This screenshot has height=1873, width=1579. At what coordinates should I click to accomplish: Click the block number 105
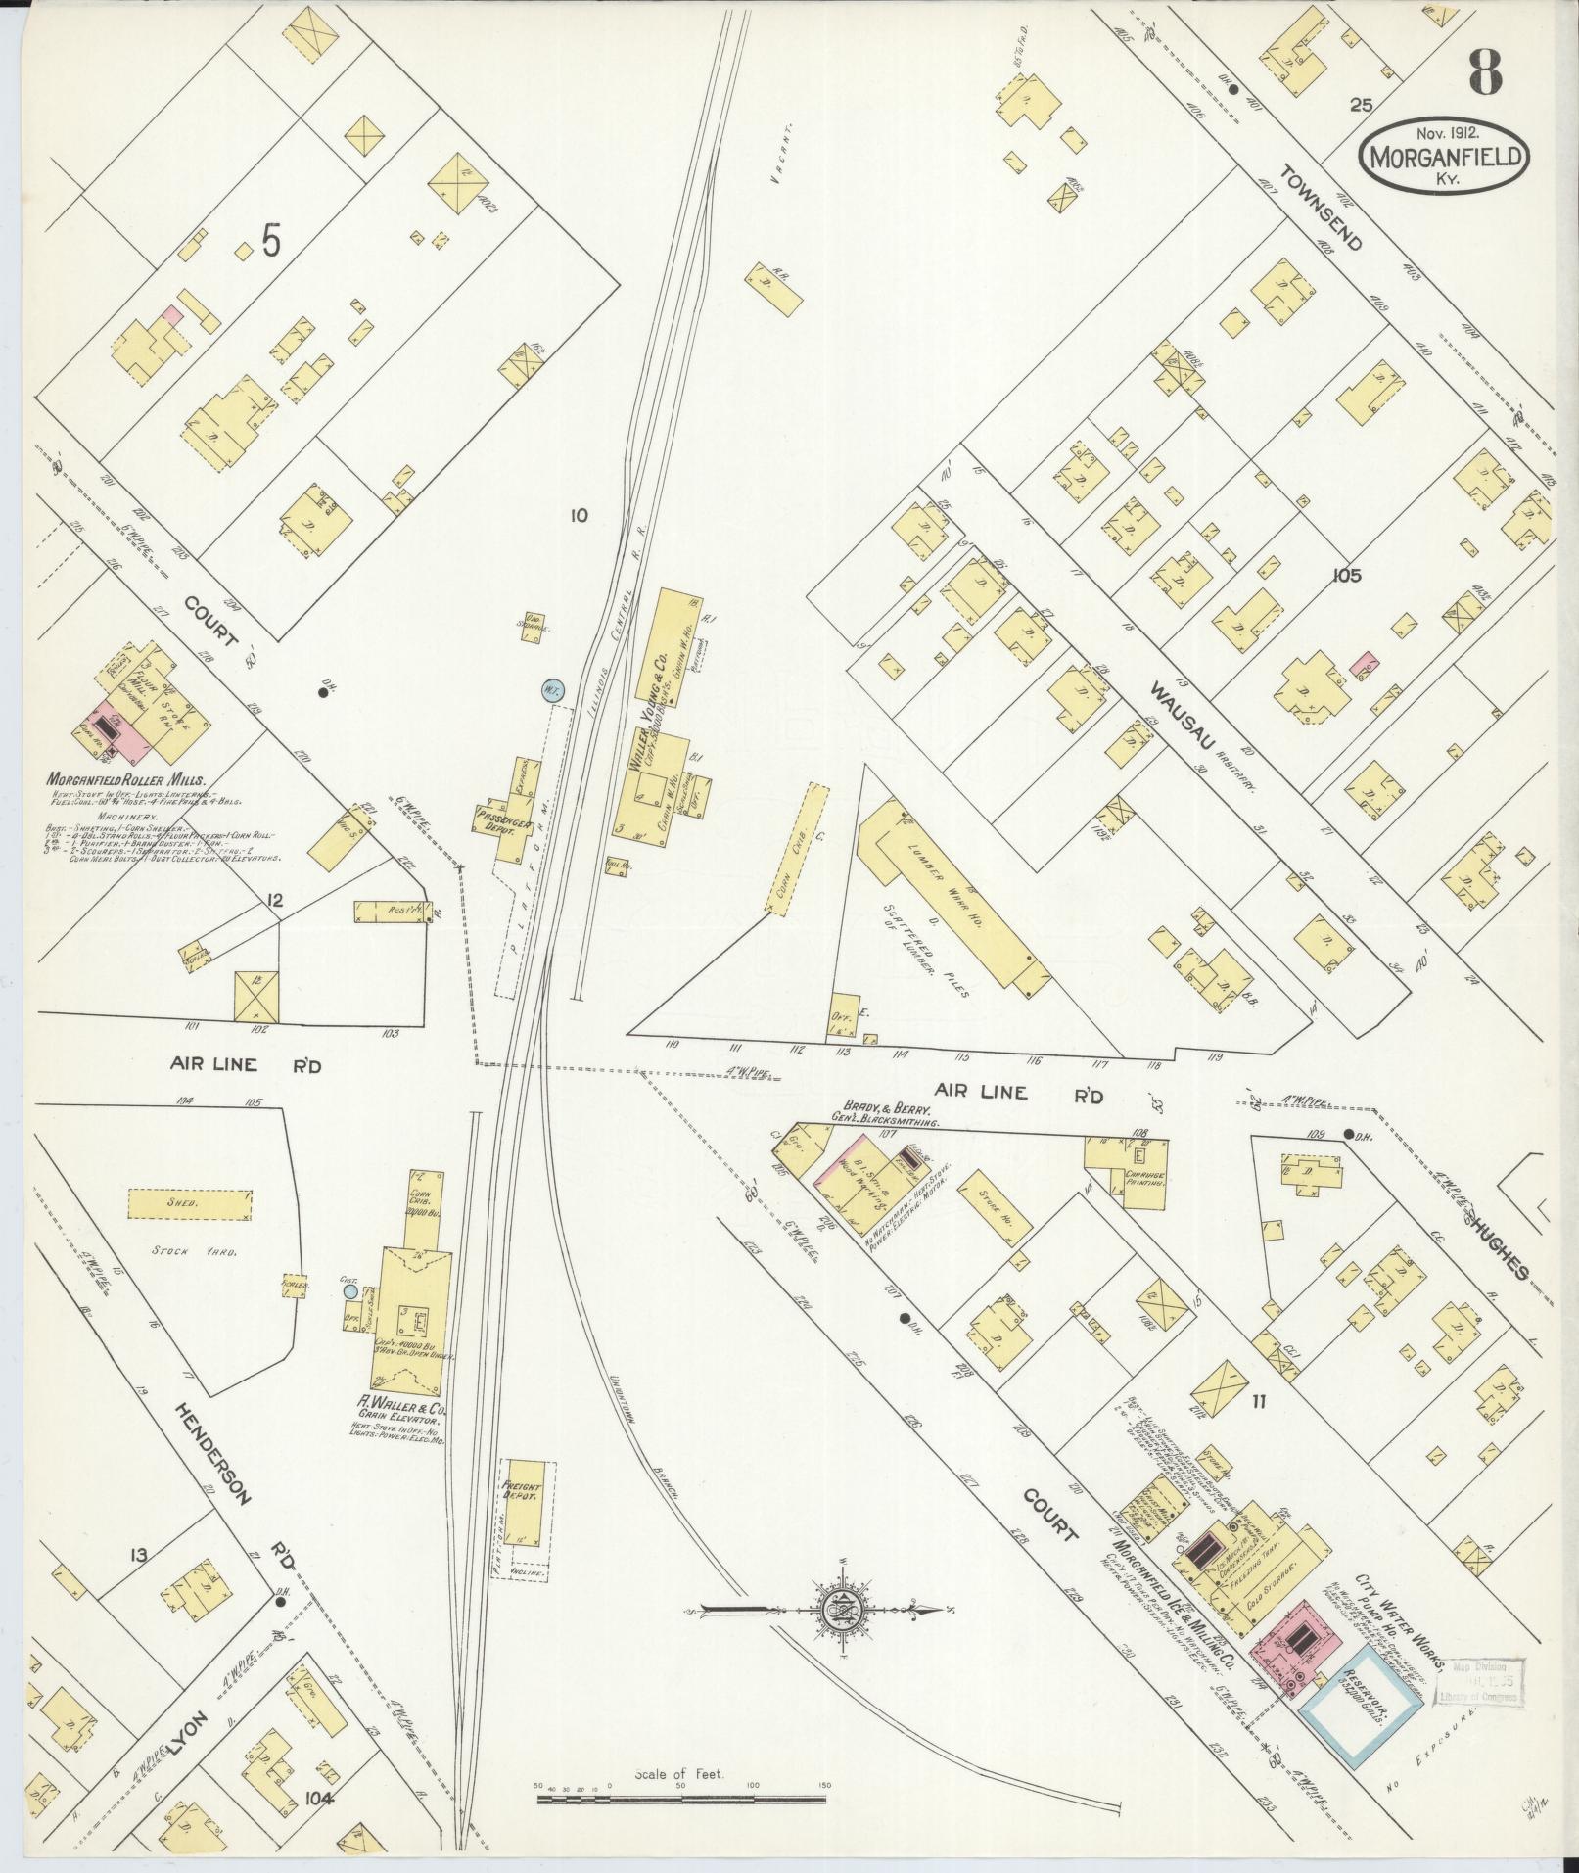click(x=1346, y=576)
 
